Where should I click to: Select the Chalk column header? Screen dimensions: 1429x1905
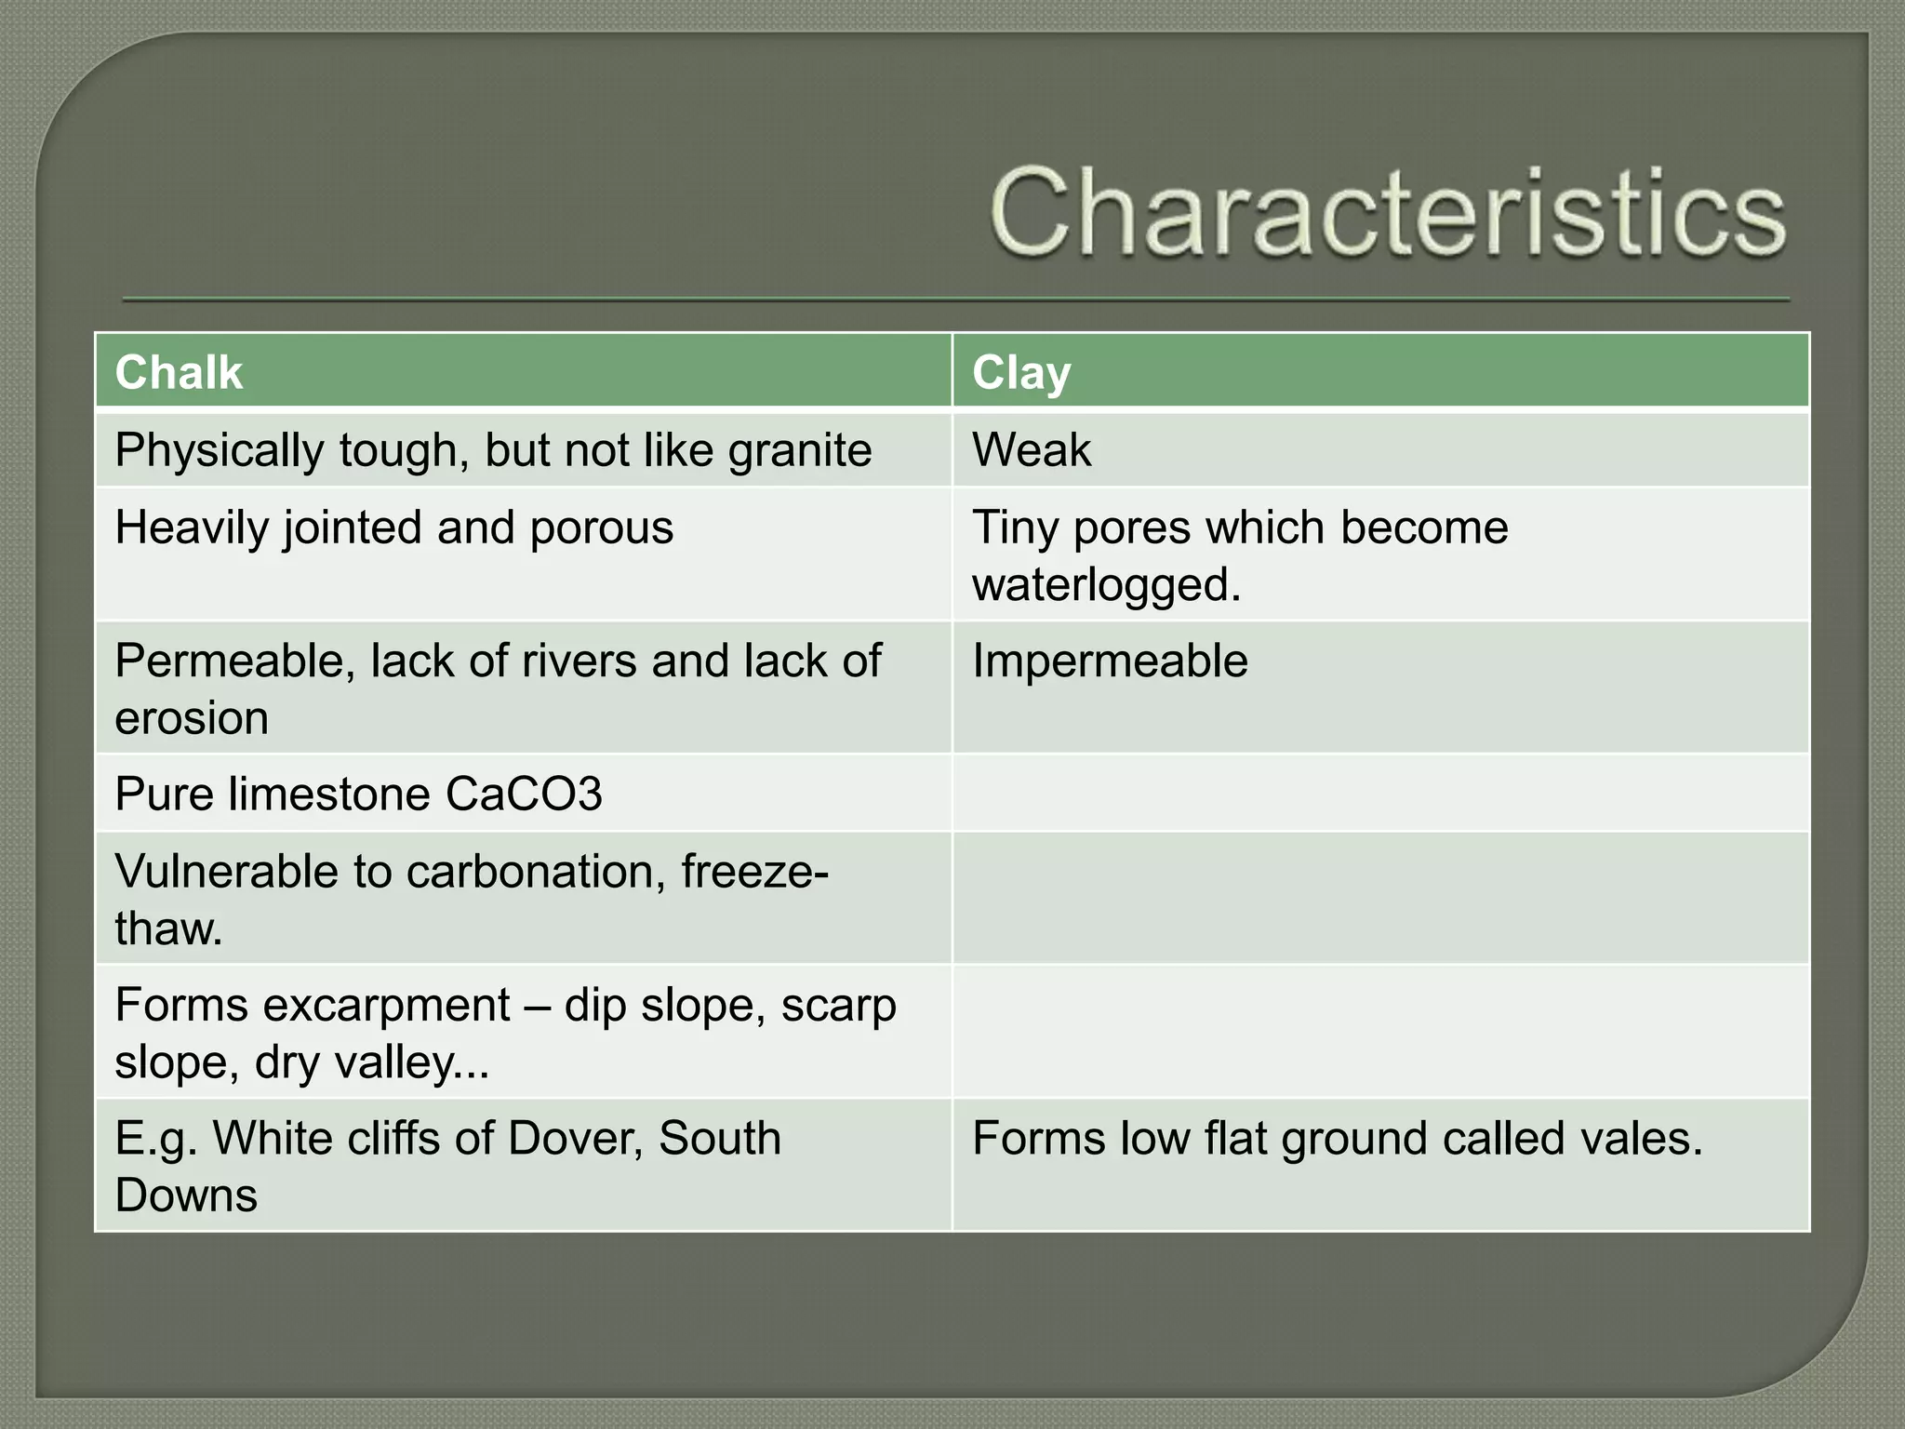(179, 372)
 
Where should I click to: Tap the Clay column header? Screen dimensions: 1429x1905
(1021, 372)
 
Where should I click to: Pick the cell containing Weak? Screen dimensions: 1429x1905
(1032, 450)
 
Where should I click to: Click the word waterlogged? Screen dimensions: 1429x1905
(1105, 585)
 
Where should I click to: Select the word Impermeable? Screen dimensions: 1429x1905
(1110, 661)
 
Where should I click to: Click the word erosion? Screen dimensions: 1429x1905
(192, 718)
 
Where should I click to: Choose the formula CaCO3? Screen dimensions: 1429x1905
(524, 795)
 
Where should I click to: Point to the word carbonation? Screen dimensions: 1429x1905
(536, 873)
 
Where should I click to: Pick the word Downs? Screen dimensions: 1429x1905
(186, 1195)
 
